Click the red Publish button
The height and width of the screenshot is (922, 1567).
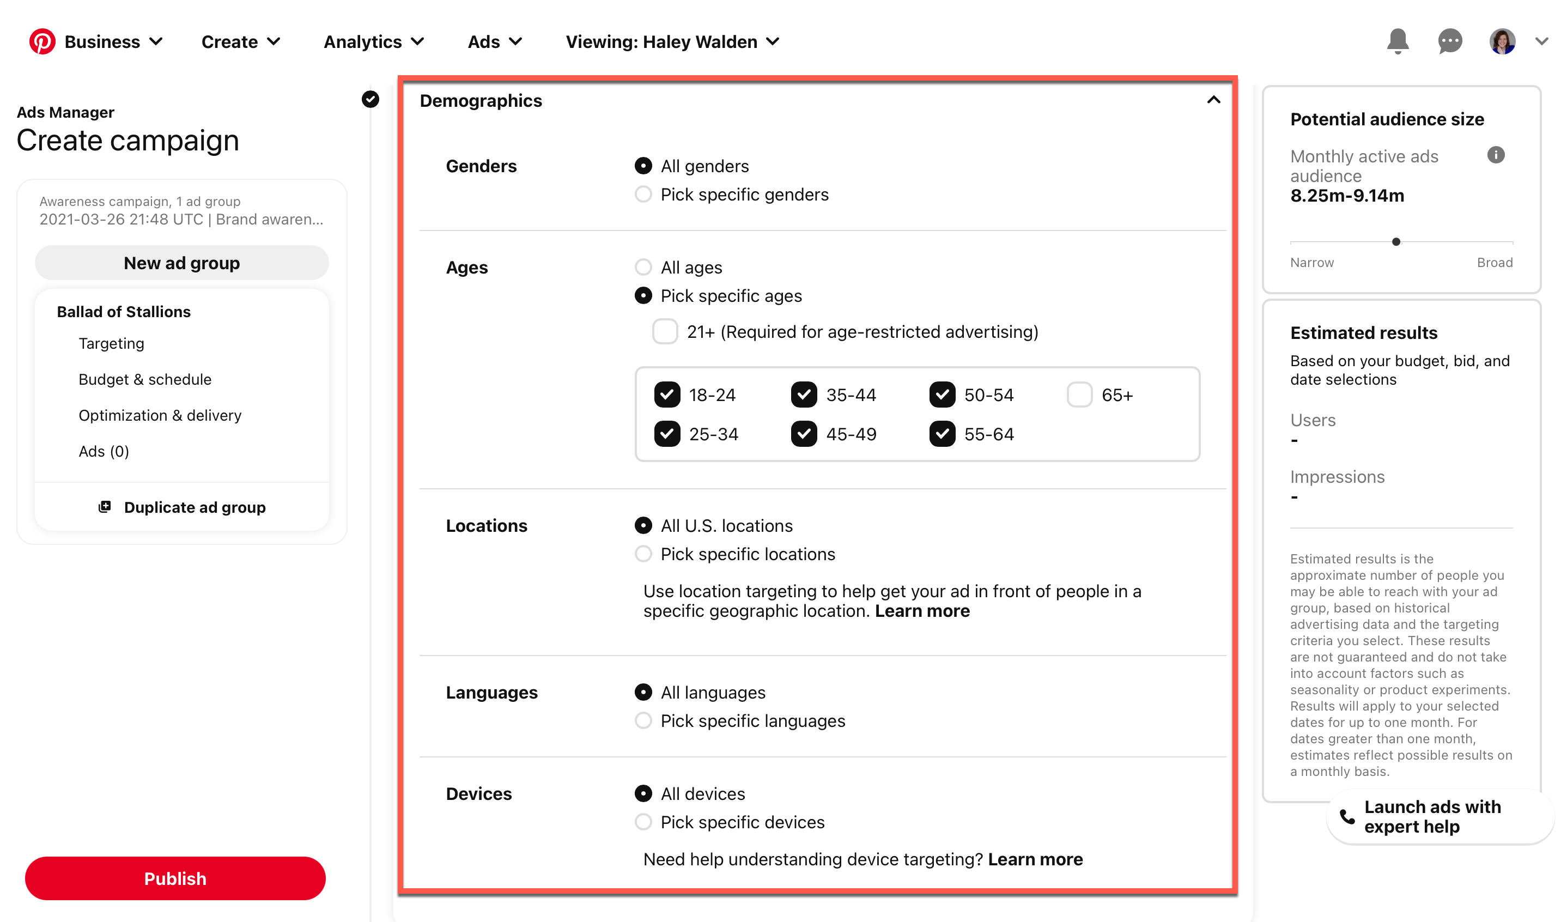(175, 878)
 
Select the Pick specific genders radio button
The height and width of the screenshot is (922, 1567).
(643, 195)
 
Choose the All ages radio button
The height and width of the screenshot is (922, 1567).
(643, 268)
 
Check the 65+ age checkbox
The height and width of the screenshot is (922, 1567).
(1079, 395)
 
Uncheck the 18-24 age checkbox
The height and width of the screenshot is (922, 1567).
(666, 395)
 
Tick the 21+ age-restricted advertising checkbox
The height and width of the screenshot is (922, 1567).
(664, 331)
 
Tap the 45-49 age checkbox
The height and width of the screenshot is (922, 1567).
(804, 434)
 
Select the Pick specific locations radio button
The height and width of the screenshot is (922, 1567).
(643, 554)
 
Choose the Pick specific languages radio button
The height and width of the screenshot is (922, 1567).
(643, 720)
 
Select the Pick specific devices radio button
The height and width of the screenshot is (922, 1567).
(643, 822)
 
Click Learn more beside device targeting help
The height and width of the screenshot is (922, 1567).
(1035, 859)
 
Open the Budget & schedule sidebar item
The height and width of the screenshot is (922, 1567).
(145, 379)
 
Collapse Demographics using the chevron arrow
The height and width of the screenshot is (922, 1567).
(1213, 100)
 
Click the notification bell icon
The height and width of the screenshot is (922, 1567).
(1397, 41)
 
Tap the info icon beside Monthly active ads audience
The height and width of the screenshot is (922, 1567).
(1496, 155)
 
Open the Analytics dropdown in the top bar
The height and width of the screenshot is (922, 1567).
(373, 41)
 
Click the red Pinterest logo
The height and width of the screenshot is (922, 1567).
(42, 41)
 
